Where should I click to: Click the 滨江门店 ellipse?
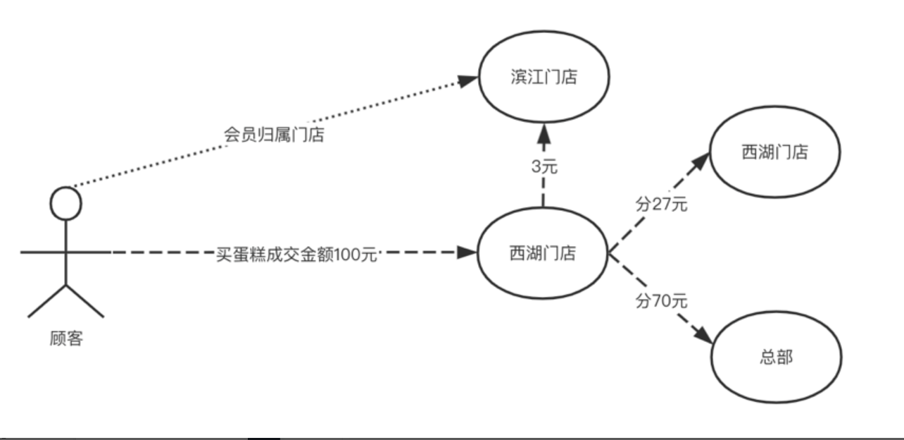click(543, 77)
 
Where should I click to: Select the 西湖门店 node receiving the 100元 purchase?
click(542, 252)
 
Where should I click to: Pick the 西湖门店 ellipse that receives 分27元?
click(774, 152)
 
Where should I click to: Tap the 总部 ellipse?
click(777, 357)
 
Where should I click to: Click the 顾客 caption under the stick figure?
click(66, 338)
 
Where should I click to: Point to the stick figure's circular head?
click(66, 204)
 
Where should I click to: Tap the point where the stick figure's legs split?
click(66, 285)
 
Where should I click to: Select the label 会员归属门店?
click(274, 134)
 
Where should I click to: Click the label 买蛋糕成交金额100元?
click(296, 253)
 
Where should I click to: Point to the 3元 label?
click(543, 167)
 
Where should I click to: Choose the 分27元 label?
click(661, 206)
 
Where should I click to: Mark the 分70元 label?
click(661, 301)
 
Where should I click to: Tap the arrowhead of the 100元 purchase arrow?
click(467, 252)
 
